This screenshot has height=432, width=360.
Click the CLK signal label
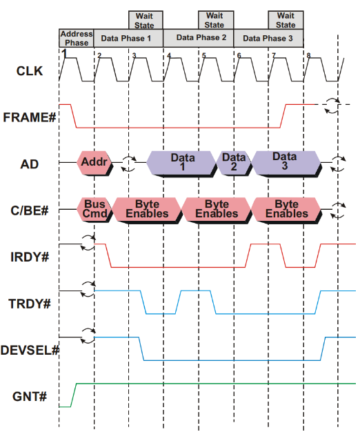(30, 71)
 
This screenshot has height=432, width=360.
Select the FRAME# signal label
(30, 117)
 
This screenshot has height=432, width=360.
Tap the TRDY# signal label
(30, 304)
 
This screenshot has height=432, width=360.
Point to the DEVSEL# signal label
(30, 350)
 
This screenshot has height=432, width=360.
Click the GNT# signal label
(30, 397)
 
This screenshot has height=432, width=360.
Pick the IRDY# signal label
(30, 257)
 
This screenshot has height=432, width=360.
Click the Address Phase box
(77, 38)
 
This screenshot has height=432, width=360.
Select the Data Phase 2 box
(199, 38)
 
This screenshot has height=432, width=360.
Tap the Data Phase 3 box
(268, 38)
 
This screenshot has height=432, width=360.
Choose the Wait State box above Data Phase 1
(146, 20)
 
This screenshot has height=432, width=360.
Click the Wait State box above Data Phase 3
(286, 20)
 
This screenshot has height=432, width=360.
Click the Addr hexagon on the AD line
(94, 163)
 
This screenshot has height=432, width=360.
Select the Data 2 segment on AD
(234, 163)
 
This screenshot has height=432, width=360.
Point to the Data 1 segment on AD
(181, 163)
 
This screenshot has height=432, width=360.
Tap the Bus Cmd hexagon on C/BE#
(94, 209)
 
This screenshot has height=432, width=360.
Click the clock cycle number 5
(203, 55)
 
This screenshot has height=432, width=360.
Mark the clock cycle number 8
(308, 55)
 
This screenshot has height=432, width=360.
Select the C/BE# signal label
(30, 210)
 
